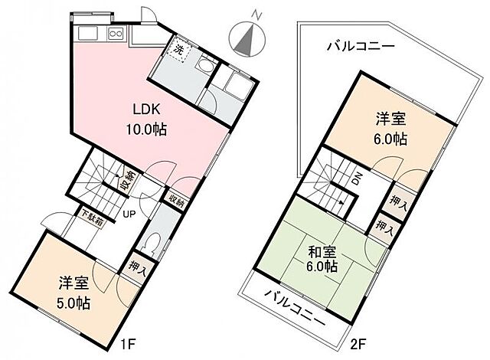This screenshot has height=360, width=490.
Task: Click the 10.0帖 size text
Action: [x=146, y=129]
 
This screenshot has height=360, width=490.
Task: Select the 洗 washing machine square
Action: [x=178, y=50]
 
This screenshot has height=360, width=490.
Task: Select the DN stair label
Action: [x=357, y=181]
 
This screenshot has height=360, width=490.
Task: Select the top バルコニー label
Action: [x=360, y=46]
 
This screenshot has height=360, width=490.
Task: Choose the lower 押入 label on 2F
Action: [x=382, y=227]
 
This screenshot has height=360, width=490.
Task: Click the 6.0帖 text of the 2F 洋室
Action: [x=390, y=139]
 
